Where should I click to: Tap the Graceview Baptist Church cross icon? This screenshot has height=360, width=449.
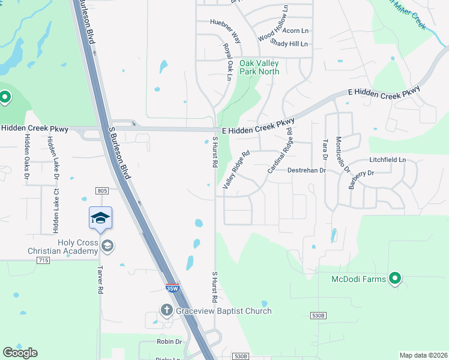click(166, 310)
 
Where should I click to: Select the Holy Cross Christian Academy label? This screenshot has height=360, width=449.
click(69, 247)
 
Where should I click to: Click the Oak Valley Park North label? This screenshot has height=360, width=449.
click(259, 67)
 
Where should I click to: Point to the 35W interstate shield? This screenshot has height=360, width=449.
click(172, 288)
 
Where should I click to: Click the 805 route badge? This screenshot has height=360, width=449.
click(101, 191)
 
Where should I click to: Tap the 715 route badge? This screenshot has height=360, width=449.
click(43, 260)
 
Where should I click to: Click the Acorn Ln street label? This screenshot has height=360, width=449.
click(295, 30)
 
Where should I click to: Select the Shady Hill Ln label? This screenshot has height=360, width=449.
click(289, 43)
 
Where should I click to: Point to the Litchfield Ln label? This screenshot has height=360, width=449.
click(388, 160)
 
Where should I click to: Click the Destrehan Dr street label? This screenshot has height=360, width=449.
click(306, 170)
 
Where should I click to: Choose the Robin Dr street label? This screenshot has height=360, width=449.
click(169, 341)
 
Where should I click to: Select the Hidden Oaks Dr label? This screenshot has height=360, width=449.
click(26, 155)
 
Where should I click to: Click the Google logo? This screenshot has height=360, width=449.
click(20, 353)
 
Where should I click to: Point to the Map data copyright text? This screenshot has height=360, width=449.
click(423, 355)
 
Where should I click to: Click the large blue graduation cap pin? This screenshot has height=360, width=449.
click(100, 218)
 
